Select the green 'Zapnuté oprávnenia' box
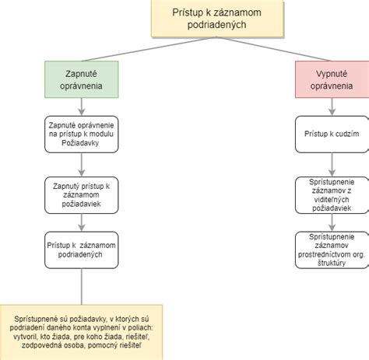point(80,79)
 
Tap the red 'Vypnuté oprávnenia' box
point(330,79)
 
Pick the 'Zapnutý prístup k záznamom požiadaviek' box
point(80,193)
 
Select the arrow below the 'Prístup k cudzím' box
point(330,163)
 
